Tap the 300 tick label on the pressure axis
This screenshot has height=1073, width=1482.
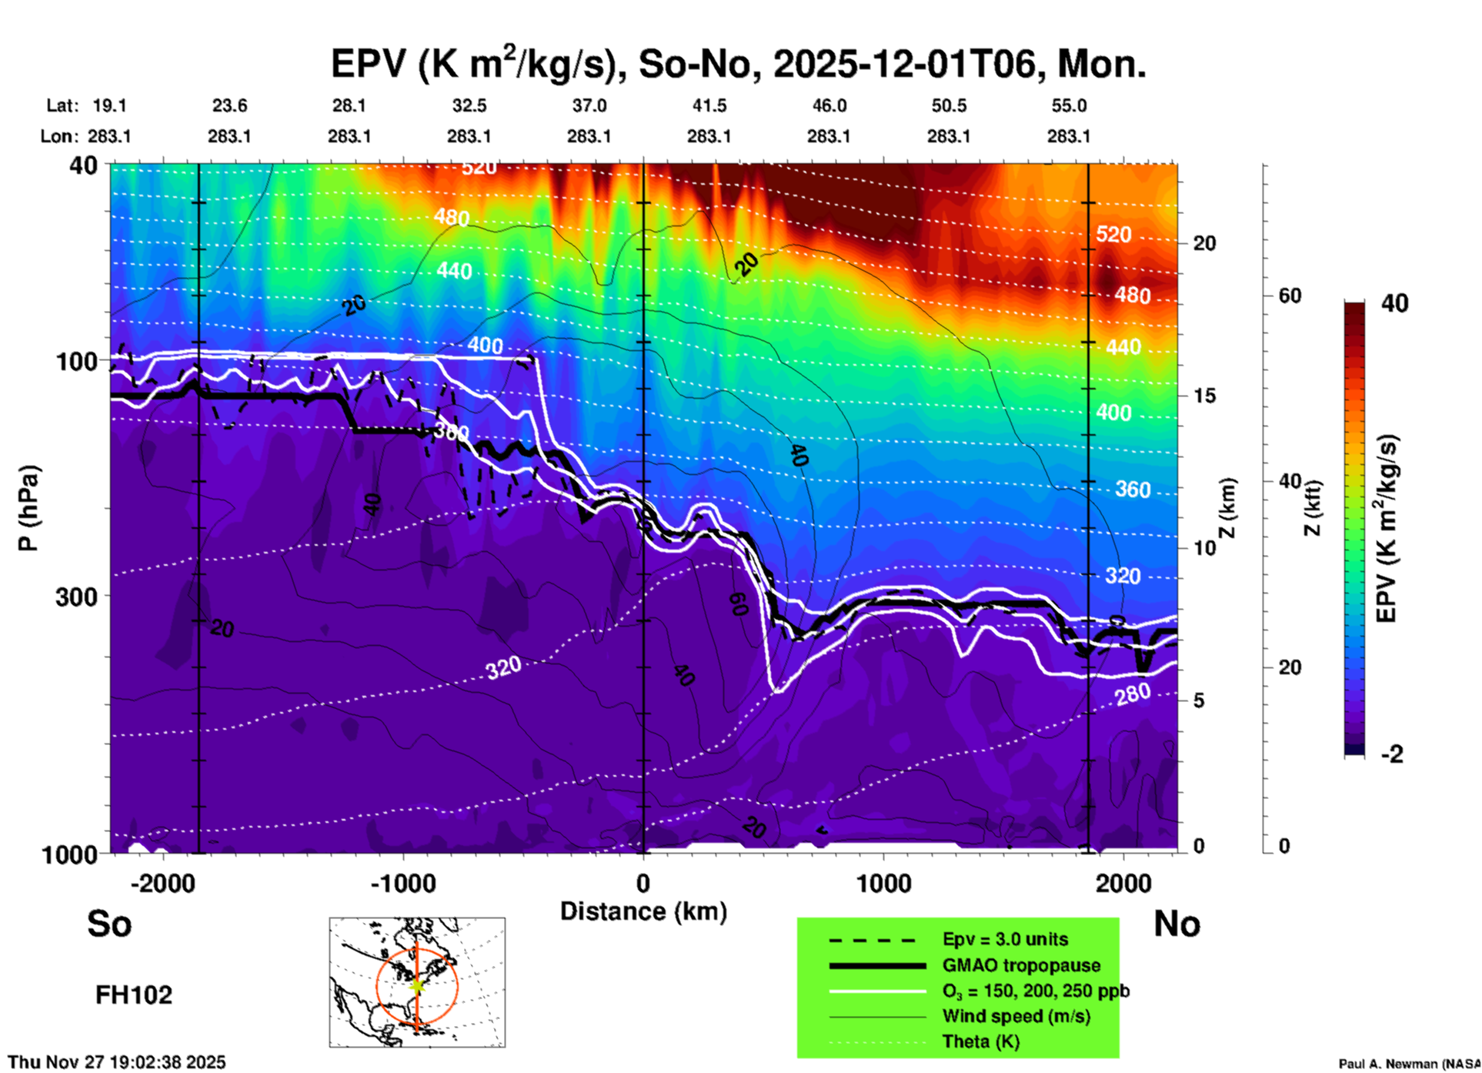coord(76,597)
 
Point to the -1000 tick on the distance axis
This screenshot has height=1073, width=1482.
coord(403,883)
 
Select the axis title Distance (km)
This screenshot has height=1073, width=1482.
coord(643,911)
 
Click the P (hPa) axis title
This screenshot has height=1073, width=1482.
coord(28,508)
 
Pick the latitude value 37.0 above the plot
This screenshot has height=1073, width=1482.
coord(589,105)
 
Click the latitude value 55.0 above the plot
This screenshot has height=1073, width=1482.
coord(1068,105)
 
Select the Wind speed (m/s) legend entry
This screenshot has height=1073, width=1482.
coord(1016,1016)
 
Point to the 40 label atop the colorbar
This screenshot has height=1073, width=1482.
coord(1394,303)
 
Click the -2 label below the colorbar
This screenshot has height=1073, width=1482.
coord(1392,754)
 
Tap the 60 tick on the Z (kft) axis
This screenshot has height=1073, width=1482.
coord(1290,296)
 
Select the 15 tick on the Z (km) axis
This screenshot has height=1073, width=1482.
coord(1204,396)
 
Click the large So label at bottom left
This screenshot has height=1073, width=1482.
coord(109,924)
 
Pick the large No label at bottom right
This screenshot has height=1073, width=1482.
coord(1177,924)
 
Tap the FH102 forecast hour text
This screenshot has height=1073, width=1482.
coord(134,995)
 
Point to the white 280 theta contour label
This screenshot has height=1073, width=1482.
coord(1133,694)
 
